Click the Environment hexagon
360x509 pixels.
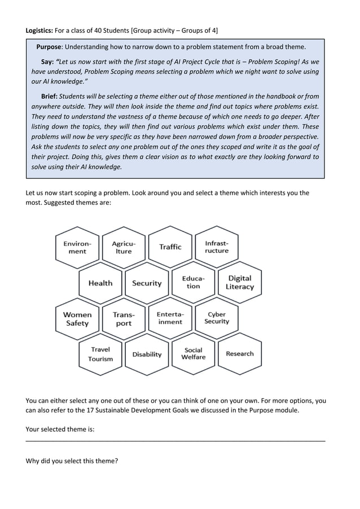pyautogui.click(x=77, y=247)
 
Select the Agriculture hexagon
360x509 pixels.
pyautogui.click(x=124, y=247)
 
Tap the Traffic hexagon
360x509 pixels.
pyautogui.click(x=170, y=247)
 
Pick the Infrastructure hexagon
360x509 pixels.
pyautogui.click(x=217, y=247)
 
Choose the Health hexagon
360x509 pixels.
pyautogui.click(x=100, y=283)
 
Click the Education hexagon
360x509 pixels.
pyautogui.click(x=193, y=282)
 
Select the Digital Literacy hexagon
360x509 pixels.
pyautogui.click(x=240, y=282)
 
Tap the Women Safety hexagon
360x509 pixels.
pyautogui.click(x=77, y=319)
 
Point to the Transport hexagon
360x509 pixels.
pyautogui.click(x=124, y=319)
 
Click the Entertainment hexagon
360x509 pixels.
pyautogui.click(x=170, y=318)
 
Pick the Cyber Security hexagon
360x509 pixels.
pyautogui.click(x=217, y=318)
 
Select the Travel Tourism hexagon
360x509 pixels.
pyautogui.click(x=100, y=354)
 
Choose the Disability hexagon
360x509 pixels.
pyautogui.click(x=147, y=354)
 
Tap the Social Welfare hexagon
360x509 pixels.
pyautogui.click(x=193, y=354)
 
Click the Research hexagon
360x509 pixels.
pyautogui.click(x=240, y=354)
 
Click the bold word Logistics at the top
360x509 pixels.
pyautogui.click(x=39, y=29)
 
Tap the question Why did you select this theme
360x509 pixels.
pyautogui.click(x=72, y=461)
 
